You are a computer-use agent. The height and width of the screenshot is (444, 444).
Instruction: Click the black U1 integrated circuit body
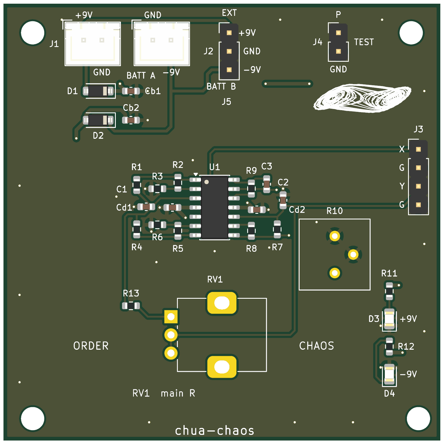tap(214, 208)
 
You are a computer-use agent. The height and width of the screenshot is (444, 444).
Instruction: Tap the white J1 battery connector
tap(93, 44)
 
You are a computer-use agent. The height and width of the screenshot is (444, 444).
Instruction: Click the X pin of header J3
tap(418, 149)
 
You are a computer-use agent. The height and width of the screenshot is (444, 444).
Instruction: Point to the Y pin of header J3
tap(418, 186)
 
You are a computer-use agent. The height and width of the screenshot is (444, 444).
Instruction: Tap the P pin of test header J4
tap(338, 33)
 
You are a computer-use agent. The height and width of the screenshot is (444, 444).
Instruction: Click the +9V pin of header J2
tap(229, 33)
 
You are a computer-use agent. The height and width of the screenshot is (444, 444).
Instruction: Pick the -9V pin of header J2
tap(229, 70)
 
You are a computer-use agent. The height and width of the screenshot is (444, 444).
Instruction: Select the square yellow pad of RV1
tap(171, 317)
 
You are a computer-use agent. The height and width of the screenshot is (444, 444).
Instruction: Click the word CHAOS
tap(317, 346)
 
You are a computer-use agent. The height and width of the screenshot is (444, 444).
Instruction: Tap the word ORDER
tap(91, 346)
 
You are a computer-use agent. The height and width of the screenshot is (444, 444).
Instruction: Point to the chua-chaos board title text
tap(215, 430)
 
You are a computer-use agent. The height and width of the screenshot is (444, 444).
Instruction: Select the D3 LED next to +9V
tap(389, 319)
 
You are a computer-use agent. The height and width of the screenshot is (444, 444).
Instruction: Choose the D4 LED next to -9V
tap(389, 374)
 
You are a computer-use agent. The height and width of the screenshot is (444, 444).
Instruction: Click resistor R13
tap(131, 306)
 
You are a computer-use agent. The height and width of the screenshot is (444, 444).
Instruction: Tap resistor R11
tap(389, 291)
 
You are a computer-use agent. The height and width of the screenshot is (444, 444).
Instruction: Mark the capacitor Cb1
tap(131, 91)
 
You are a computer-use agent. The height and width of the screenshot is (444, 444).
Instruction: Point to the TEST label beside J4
tap(364, 42)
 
